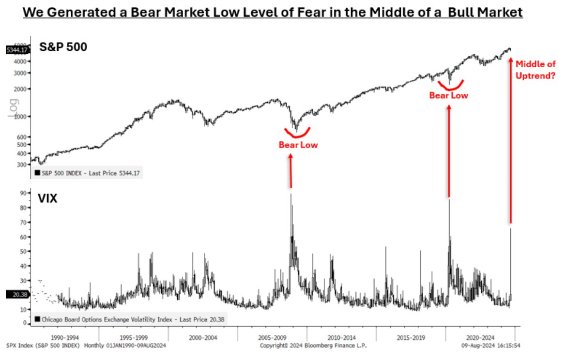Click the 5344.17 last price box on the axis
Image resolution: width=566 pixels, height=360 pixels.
pos(17,49)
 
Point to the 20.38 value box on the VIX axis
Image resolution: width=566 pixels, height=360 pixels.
pos(17,294)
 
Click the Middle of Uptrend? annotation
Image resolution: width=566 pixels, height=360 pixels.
pos(535,69)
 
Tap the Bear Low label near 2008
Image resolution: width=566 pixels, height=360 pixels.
pos(298,145)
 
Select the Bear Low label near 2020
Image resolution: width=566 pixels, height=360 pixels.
pos(449,95)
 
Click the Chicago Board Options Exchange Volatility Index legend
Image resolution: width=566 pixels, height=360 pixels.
pos(130,319)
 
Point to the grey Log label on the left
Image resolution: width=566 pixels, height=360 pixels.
pos(13,107)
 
